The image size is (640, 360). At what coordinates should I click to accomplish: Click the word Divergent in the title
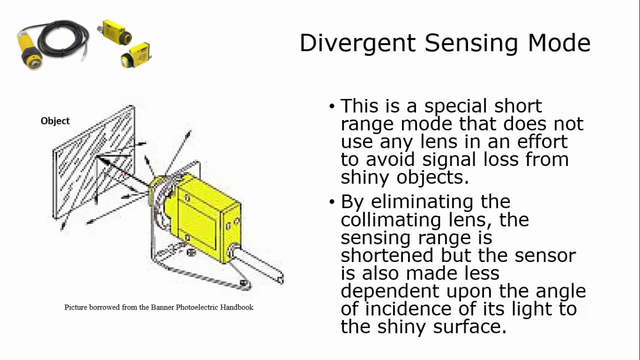pos(357,43)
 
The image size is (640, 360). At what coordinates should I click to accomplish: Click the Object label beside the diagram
pos(55,121)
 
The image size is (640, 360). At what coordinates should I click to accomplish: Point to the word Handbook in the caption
pos(236,307)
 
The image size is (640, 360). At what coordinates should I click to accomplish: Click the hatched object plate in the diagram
pos(92,160)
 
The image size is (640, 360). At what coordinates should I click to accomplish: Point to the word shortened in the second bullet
pos(387,255)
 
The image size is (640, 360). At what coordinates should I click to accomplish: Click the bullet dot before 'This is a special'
pos(332,106)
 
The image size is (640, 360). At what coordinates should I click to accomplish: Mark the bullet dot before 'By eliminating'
pos(332,202)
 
